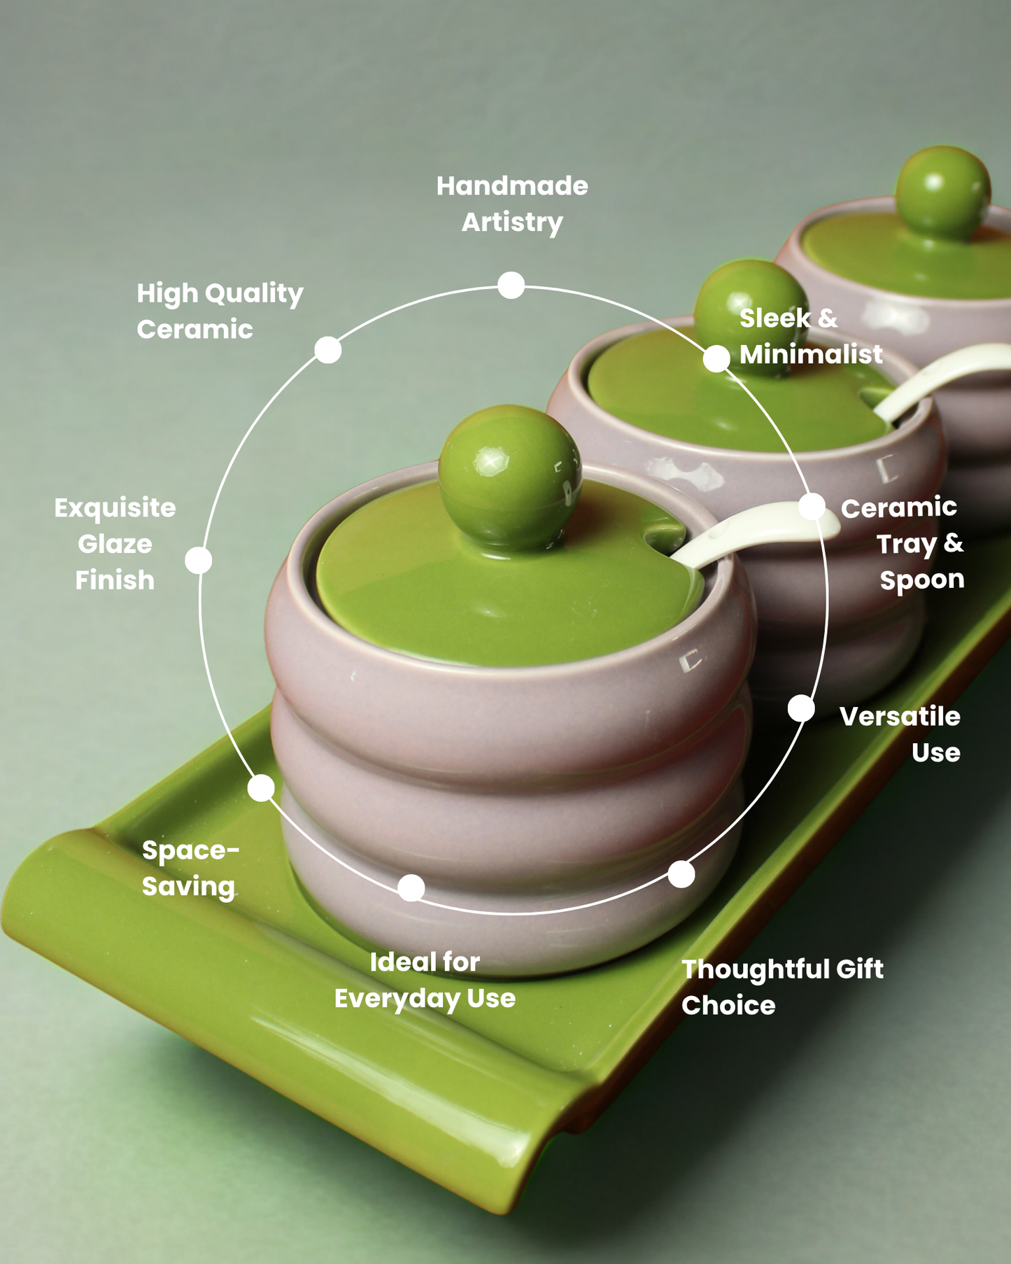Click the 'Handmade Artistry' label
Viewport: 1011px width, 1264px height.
512,204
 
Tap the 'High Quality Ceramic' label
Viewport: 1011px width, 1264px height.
220,311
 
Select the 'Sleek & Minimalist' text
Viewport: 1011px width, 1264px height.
810,336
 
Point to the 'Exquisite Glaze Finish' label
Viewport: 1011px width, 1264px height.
115,544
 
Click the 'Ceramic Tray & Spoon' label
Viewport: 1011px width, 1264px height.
903,544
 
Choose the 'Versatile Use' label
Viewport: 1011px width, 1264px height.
900,734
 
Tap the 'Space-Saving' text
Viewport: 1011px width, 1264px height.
190,868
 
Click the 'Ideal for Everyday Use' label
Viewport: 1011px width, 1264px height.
425,980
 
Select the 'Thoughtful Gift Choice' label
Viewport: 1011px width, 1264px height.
782,987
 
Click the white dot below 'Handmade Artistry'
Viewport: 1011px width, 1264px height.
511,285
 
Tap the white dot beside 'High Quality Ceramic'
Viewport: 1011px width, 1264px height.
327,349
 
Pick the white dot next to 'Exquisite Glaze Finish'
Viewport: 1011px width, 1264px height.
199,560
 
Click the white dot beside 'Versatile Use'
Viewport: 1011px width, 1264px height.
801,708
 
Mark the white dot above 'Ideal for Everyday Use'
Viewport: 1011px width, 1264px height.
411,887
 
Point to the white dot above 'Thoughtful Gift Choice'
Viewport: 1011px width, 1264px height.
681,874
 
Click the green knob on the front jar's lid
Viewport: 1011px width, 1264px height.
509,476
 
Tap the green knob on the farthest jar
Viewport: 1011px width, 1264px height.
942,191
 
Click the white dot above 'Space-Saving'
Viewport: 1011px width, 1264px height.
261,787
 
